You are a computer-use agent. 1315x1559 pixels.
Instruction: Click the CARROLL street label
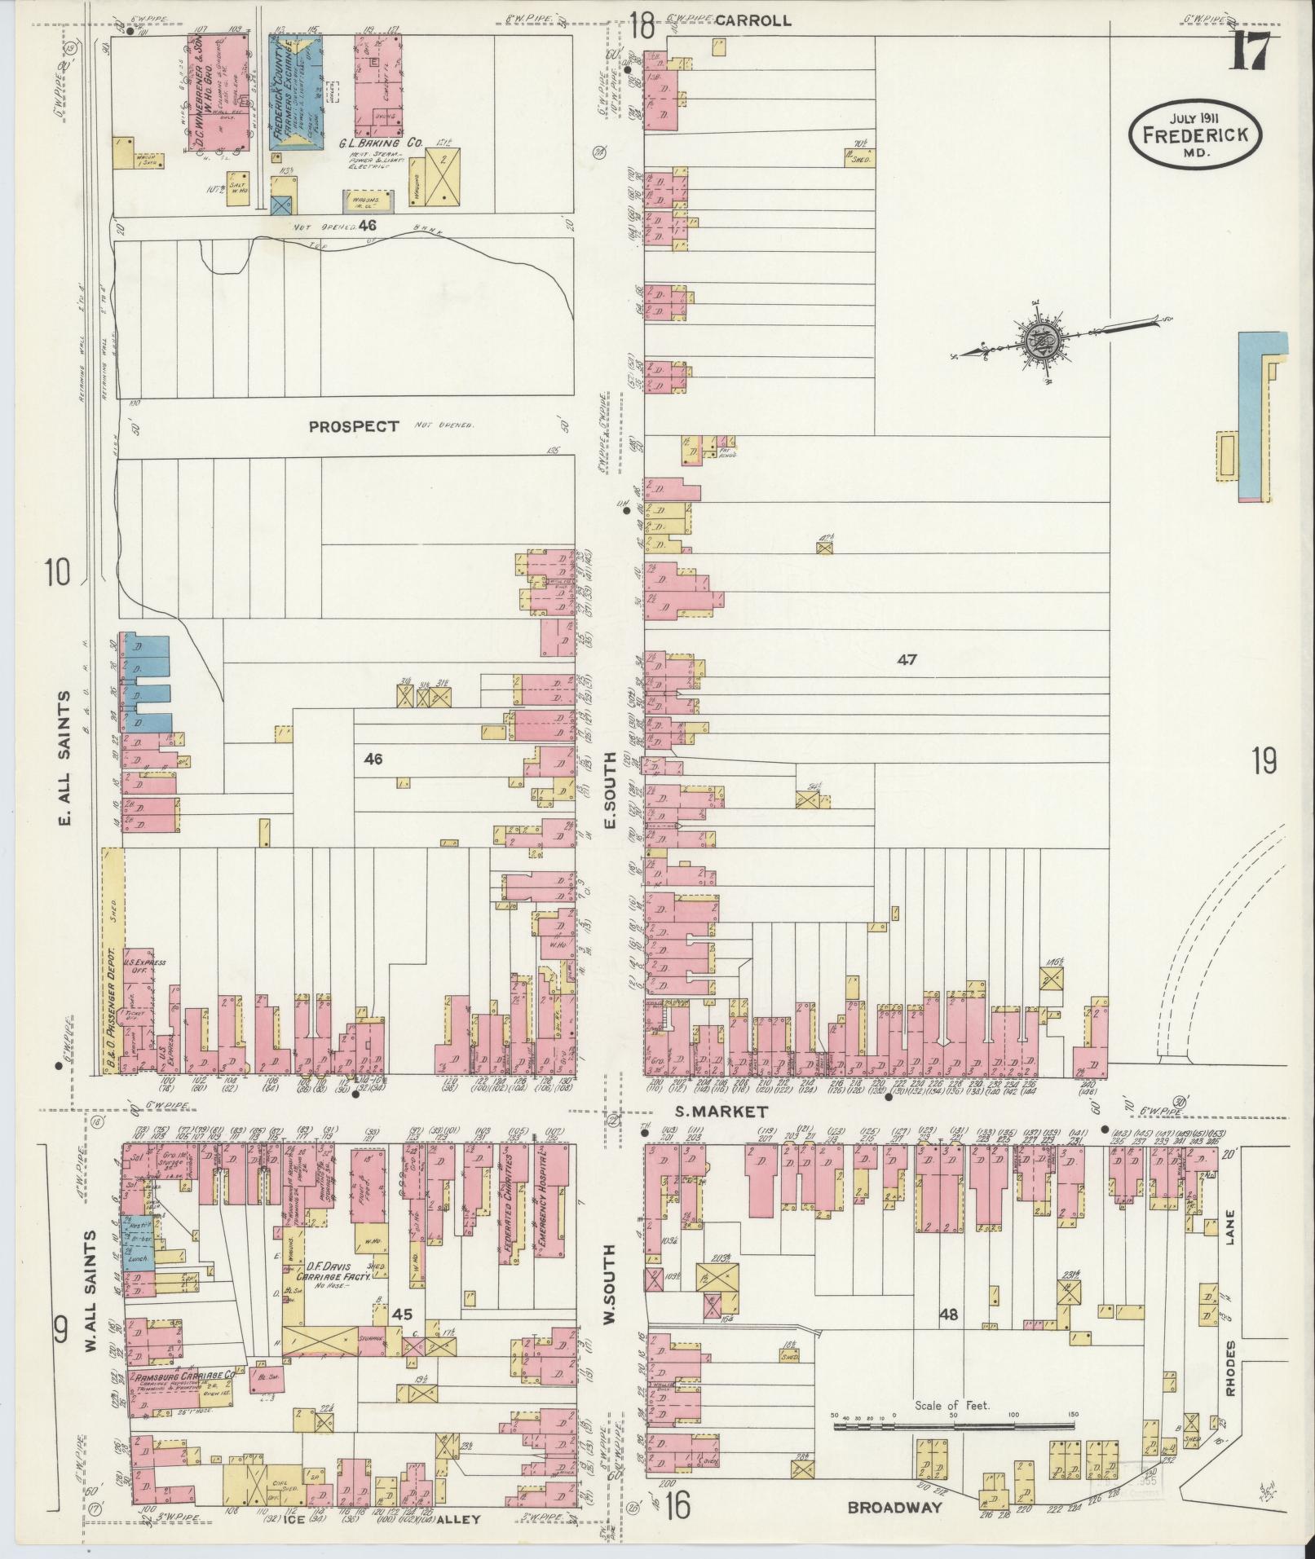click(760, 20)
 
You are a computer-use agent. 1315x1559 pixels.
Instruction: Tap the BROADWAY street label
click(894, 1508)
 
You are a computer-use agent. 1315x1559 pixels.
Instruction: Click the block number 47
click(907, 660)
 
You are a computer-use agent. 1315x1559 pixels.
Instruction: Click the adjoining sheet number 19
click(1265, 762)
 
